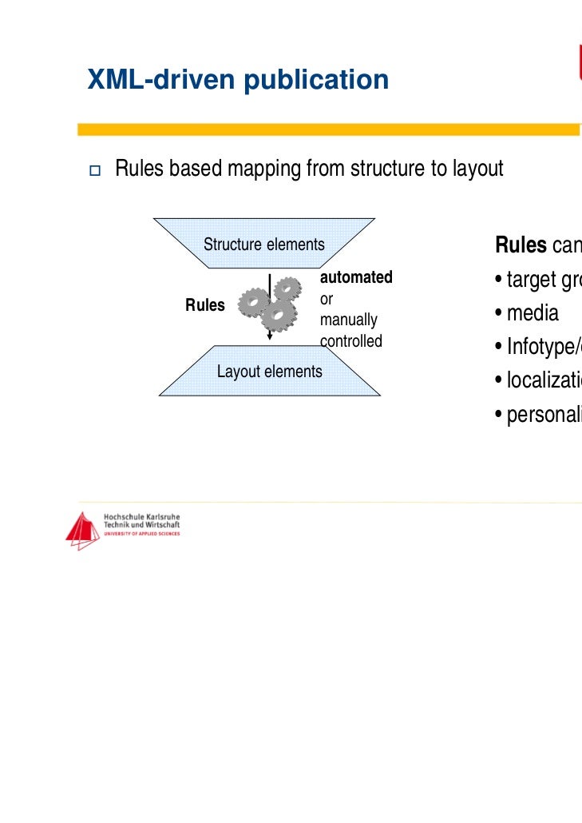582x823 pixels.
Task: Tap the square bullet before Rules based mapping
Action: coord(94,170)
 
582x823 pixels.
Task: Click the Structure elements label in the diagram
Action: coord(264,245)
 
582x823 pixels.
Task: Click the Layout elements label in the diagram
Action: coord(270,372)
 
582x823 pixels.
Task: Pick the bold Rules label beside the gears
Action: coord(205,305)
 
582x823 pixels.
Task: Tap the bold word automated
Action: coord(356,277)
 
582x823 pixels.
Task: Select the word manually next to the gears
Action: coord(348,320)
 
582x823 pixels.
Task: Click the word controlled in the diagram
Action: coord(351,341)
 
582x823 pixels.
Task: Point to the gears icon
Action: coord(267,308)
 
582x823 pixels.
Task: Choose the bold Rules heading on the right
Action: coord(521,245)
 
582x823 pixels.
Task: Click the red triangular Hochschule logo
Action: coord(82,531)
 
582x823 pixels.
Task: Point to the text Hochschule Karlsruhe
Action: coord(142,517)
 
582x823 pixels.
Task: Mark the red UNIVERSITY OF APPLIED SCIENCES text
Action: coord(142,533)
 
